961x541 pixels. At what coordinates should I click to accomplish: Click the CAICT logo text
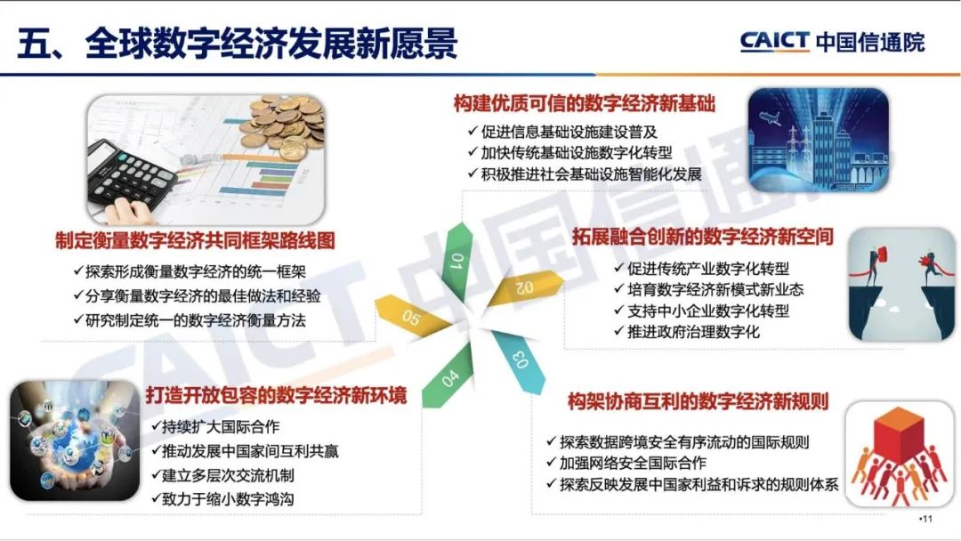tap(775, 42)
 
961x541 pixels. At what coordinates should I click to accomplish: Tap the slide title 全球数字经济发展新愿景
tap(271, 43)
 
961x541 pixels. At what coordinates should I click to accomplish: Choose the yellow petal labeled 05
tap(414, 315)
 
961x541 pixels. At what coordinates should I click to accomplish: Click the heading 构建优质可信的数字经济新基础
tap(584, 103)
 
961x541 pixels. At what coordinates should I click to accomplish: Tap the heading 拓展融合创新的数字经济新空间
tap(703, 237)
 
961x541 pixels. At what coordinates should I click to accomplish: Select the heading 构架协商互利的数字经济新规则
tap(699, 402)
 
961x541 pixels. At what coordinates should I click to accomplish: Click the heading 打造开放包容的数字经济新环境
tap(276, 396)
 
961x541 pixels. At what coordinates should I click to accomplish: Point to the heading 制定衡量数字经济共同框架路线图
tap(195, 241)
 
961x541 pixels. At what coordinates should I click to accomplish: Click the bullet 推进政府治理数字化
tap(693, 332)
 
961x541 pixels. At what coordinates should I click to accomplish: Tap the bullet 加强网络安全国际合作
tap(633, 464)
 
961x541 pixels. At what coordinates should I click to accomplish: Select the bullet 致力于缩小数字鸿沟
tap(228, 499)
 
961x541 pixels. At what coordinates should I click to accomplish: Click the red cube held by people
tap(899, 435)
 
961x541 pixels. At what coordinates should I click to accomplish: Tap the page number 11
tap(926, 519)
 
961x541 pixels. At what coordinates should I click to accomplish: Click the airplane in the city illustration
tap(770, 117)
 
